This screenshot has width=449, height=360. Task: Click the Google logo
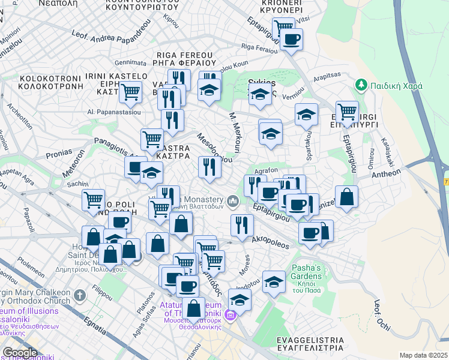point(20,353)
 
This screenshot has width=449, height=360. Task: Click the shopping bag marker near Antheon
point(347,197)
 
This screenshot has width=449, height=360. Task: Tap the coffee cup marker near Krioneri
point(292,40)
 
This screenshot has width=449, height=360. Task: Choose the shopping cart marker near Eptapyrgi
point(347,111)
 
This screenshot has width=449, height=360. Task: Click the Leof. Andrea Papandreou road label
point(110,34)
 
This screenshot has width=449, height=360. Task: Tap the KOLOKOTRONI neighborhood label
point(50,83)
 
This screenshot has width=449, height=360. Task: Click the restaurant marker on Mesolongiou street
point(209,166)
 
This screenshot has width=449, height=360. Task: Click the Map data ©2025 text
point(423,355)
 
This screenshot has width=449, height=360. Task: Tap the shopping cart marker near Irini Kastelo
point(130,92)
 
